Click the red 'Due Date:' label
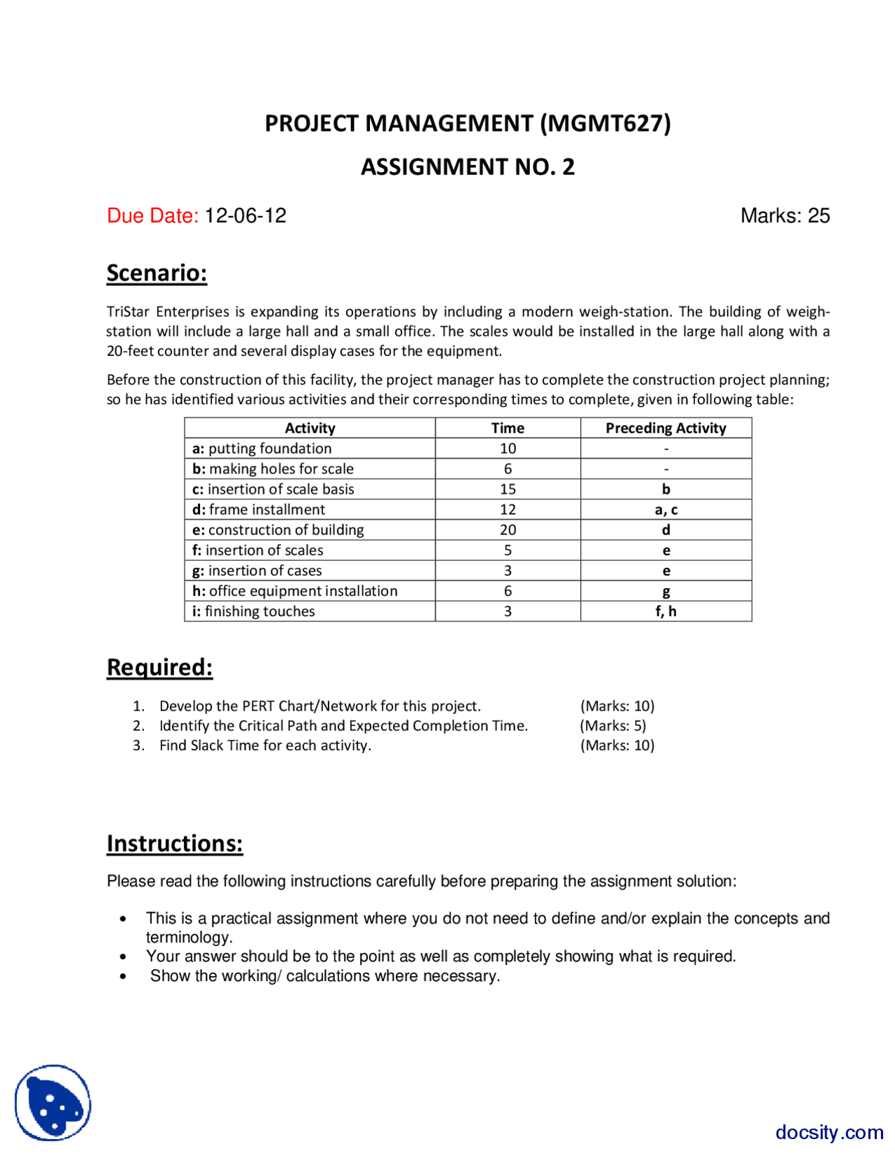[152, 215]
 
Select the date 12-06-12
[245, 215]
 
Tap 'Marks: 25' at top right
[785, 215]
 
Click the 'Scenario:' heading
[157, 273]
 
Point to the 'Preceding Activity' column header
[665, 428]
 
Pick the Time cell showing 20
[508, 530]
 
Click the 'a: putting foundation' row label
[262, 448]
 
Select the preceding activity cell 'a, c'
[665, 510]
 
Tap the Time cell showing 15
[508, 489]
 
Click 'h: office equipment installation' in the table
[295, 591]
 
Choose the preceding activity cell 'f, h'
[665, 611]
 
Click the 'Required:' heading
[159, 667]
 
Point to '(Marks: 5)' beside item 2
[613, 726]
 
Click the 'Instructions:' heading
[175, 843]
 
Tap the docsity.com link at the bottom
[829, 1132]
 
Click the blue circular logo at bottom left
[53, 1103]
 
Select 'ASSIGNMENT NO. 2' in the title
[467, 167]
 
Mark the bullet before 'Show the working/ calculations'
[124, 976]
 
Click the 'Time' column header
[508, 428]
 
